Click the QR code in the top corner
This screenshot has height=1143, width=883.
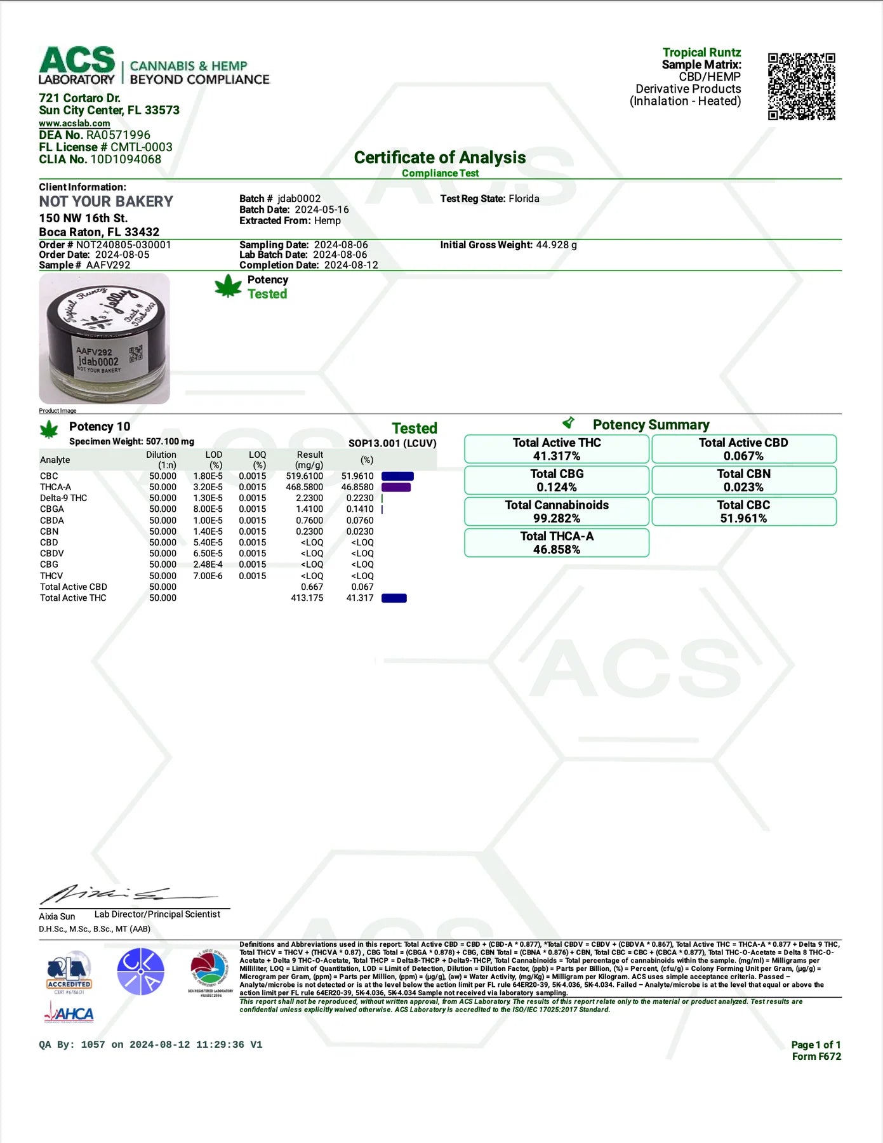click(801, 86)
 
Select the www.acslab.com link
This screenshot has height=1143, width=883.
click(74, 123)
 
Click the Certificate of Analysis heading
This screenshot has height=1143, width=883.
click(439, 157)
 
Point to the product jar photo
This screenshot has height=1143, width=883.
click(104, 338)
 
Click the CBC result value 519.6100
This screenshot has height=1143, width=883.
click(304, 476)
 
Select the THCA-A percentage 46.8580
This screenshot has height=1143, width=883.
click(357, 487)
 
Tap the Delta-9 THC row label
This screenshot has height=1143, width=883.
click(63, 498)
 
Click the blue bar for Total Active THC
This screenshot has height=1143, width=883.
click(394, 598)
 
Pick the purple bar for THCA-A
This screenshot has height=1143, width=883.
click(395, 487)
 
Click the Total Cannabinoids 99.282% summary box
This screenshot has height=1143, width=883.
click(556, 511)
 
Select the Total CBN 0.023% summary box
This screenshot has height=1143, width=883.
click(743, 480)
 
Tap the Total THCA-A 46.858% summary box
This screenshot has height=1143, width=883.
click(556, 542)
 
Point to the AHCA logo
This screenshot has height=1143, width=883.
click(69, 1013)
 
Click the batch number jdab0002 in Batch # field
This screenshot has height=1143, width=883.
click(299, 199)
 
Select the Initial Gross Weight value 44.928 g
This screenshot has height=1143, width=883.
click(556, 245)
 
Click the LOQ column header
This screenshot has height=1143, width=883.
click(257, 460)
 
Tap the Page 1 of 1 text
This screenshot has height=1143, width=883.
click(816, 1045)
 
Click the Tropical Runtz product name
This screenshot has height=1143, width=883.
click(701, 53)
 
